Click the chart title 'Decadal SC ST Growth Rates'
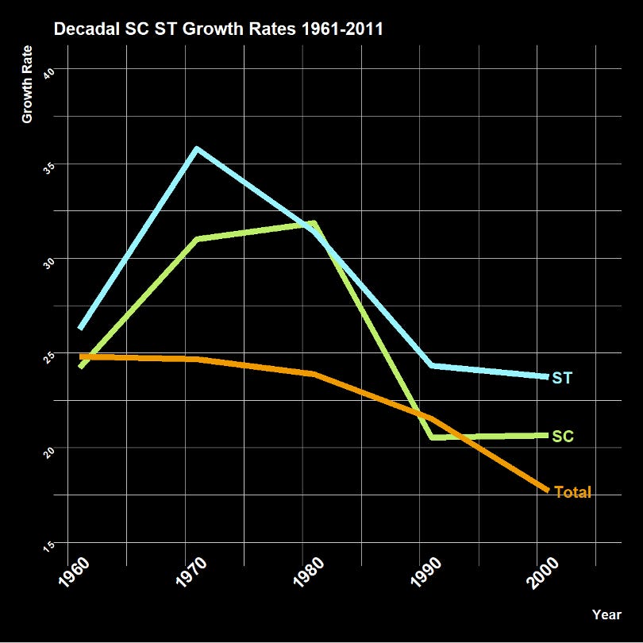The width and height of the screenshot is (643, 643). click(218, 30)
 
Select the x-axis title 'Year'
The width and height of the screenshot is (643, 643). click(606, 614)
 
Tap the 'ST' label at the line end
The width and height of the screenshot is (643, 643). click(562, 378)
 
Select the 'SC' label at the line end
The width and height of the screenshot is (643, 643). click(563, 437)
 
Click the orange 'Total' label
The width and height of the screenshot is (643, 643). click(572, 492)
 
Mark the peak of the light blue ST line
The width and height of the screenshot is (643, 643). click(197, 148)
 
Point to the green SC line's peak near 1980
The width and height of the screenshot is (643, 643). click(314, 223)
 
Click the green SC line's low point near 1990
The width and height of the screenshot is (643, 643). click(433, 437)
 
